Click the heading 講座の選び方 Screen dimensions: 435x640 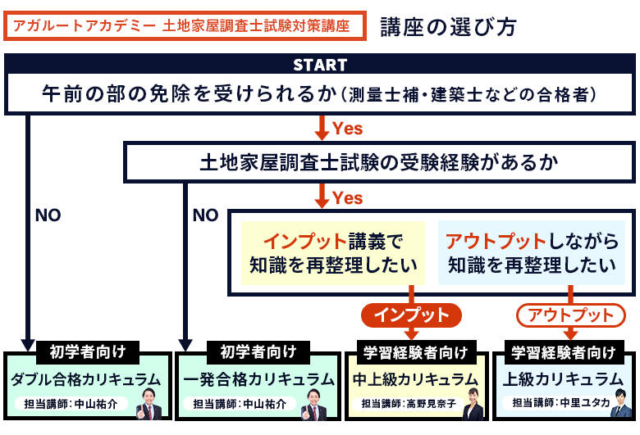tap(448, 26)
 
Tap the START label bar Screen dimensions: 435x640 tap(320, 65)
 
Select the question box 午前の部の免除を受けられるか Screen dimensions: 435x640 tap(320, 93)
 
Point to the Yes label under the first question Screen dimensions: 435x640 tap(347, 128)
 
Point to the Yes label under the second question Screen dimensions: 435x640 tap(347, 197)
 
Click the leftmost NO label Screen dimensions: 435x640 tap(48, 215)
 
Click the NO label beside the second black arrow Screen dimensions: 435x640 tap(205, 215)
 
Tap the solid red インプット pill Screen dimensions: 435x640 tap(411, 315)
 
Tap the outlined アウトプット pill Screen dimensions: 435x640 tap(570, 315)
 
